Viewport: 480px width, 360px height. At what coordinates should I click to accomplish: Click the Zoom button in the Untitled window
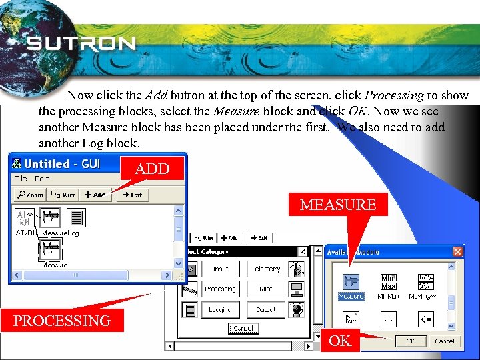click(31, 195)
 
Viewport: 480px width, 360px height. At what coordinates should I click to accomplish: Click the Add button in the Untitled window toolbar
click(95, 195)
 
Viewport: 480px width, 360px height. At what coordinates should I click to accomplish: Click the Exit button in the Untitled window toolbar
click(133, 195)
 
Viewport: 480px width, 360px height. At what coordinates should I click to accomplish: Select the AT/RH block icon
click(25, 217)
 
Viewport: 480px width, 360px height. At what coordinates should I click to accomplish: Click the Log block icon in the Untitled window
click(77, 217)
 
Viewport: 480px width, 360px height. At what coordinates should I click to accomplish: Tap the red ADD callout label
click(153, 169)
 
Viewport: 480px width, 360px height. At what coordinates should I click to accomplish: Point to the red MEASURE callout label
click(338, 205)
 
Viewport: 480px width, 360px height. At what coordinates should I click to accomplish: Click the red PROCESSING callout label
click(62, 321)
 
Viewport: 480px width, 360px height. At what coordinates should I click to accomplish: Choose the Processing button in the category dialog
click(220, 289)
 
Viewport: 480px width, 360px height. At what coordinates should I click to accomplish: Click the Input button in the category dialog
click(220, 269)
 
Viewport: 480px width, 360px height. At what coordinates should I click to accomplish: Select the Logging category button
click(220, 309)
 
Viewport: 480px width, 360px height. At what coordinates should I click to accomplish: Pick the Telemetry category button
click(268, 269)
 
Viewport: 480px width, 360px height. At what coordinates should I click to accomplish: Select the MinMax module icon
click(388, 282)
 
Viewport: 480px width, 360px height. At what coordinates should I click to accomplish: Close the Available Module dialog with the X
click(457, 252)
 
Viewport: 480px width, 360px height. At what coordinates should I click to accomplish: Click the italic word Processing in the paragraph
click(394, 96)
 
